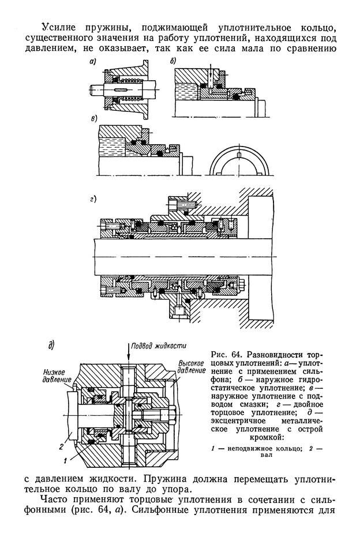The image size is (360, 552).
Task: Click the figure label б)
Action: coord(172,61)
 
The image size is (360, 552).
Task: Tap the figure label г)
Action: coord(93,199)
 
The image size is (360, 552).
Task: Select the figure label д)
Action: coord(51,346)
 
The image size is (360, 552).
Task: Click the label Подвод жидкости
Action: coord(159,346)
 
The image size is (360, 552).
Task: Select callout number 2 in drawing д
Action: coord(61,446)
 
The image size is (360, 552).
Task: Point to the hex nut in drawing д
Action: coord(172,415)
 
